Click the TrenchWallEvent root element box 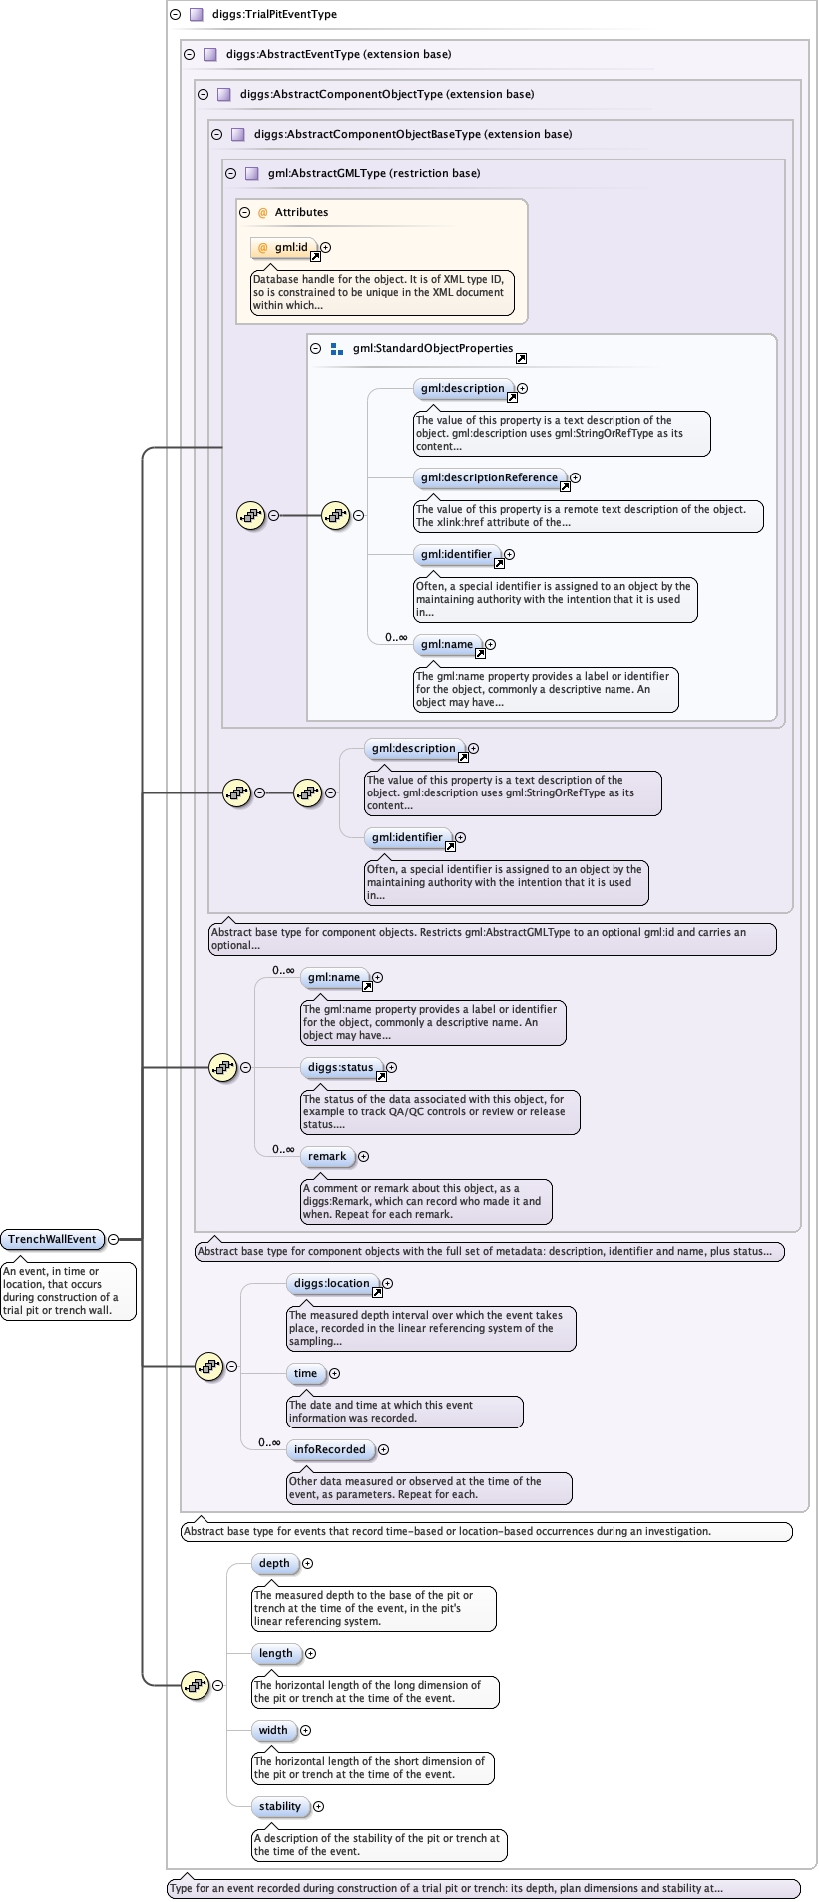[x=52, y=1239]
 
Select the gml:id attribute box [x=284, y=247]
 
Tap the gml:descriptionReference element [x=490, y=477]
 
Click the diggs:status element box [x=341, y=1067]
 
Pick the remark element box [x=327, y=1156]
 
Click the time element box [x=305, y=1373]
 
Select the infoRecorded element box [x=330, y=1449]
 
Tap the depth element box [x=274, y=1563]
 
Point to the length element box [x=276, y=1653]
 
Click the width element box [x=273, y=1730]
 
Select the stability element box [x=280, y=1806]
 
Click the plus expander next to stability [x=319, y=1806]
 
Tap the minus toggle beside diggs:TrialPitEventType [x=175, y=14]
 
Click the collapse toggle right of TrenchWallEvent [x=113, y=1239]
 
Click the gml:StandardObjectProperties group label [x=433, y=349]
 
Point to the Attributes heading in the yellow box [x=301, y=212]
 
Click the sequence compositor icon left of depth [x=195, y=1685]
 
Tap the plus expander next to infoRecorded [x=384, y=1449]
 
